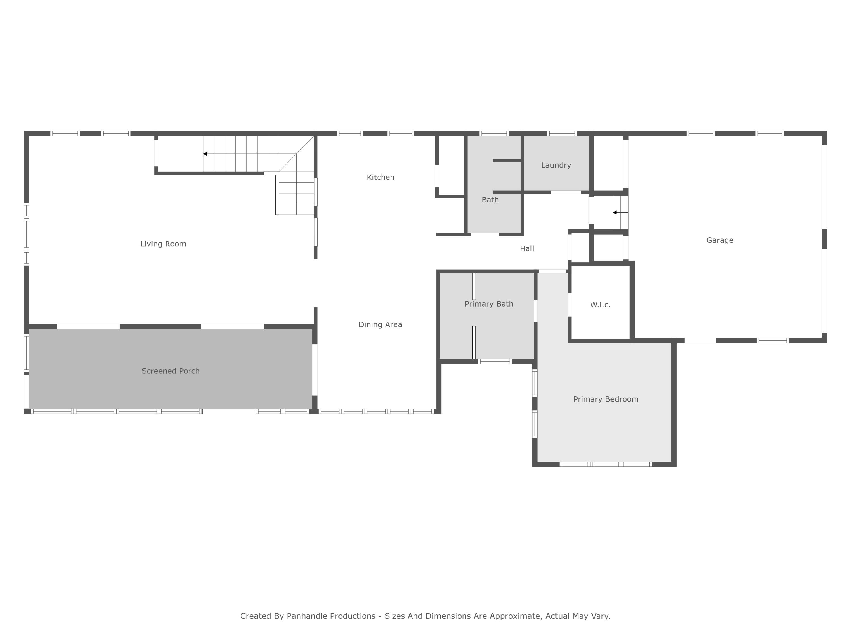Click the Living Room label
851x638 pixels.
click(163, 244)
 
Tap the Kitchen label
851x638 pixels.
click(380, 177)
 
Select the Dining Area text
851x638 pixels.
click(380, 325)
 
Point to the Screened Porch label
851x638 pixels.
click(170, 371)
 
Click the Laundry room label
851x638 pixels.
click(556, 165)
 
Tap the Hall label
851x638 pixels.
click(527, 249)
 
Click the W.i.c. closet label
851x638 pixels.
click(600, 305)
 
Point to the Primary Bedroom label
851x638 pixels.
click(606, 399)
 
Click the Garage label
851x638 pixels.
click(719, 240)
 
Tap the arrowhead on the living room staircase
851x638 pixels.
click(205, 154)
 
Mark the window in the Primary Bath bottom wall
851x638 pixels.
click(495, 362)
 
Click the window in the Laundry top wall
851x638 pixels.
click(562, 134)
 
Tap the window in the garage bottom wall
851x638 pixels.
click(772, 340)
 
